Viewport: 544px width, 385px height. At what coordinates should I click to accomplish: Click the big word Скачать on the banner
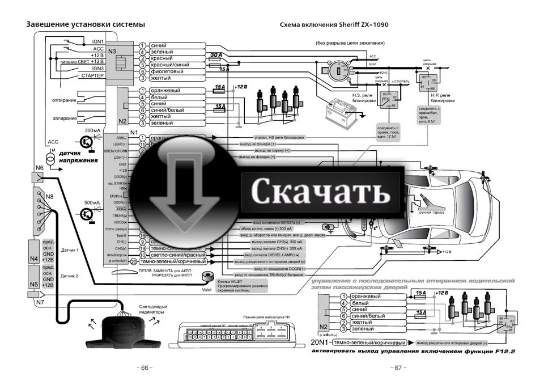321,192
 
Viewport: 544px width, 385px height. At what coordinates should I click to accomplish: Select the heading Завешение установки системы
86,24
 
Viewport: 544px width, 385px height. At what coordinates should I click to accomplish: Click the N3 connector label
112,52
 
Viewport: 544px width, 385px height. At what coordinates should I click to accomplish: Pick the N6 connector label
39,168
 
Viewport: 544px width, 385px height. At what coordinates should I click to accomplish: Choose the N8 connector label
50,196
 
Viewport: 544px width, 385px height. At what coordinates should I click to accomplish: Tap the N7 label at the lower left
40,302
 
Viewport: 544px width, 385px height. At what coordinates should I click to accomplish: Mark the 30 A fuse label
216,55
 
